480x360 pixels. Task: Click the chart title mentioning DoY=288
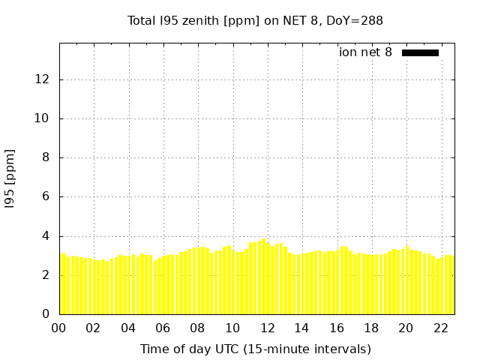255,21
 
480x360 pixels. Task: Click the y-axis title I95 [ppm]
10,178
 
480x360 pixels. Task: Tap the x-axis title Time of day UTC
255,349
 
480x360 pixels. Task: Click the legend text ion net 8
365,52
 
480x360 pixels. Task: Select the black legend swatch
420,52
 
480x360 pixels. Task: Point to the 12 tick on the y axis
44,79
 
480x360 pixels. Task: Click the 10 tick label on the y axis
44,118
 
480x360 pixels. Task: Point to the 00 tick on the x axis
59,328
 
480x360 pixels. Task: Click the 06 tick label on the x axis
163,328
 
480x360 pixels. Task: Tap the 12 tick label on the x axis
267,328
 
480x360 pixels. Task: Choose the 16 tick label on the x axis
337,328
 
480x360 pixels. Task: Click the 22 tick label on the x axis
440,328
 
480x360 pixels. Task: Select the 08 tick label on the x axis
198,328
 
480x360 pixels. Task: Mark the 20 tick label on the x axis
406,328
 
